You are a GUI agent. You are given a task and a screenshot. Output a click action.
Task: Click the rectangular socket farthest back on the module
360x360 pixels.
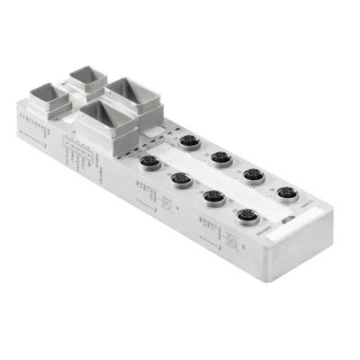click(x=87, y=80)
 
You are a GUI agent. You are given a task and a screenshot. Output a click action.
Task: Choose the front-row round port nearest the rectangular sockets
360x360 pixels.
click(x=149, y=162)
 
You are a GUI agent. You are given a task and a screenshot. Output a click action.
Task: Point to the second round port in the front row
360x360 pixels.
click(x=180, y=178)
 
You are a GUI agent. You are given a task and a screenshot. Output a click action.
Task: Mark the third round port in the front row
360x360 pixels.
click(x=214, y=196)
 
